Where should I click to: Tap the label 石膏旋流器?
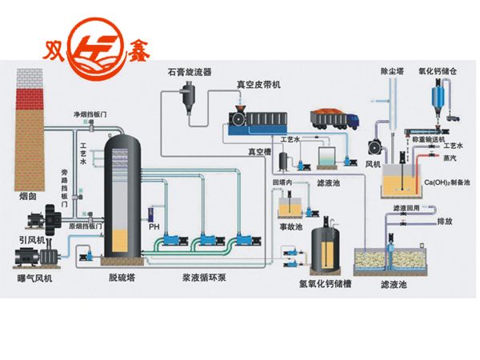189,71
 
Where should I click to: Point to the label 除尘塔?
391,71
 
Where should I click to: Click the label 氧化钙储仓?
438,71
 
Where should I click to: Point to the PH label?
154,226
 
